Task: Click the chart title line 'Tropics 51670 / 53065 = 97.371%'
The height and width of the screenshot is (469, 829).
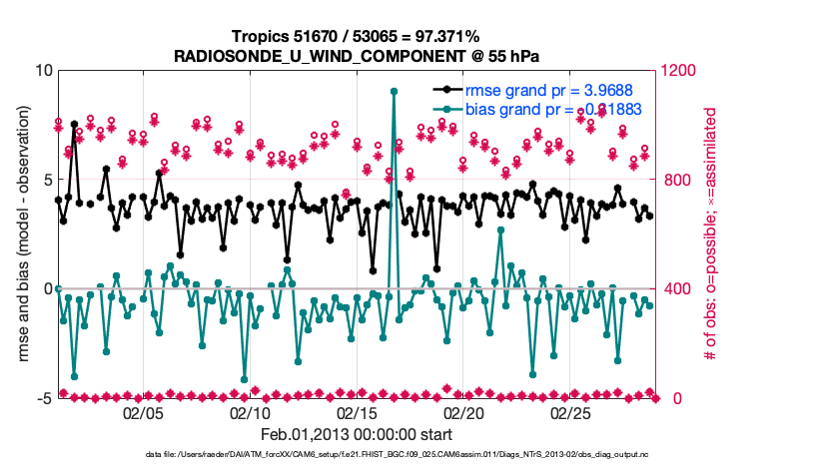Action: coord(356,36)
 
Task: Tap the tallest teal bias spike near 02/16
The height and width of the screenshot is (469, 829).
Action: coord(395,91)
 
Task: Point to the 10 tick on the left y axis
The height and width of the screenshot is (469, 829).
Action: coord(43,71)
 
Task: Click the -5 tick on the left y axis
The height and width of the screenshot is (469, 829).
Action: coord(43,398)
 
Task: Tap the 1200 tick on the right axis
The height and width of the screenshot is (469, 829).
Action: coord(678,71)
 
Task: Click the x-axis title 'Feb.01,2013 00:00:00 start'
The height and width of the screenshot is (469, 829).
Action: coord(356,434)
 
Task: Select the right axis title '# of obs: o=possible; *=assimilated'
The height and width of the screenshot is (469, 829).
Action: coord(711,234)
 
